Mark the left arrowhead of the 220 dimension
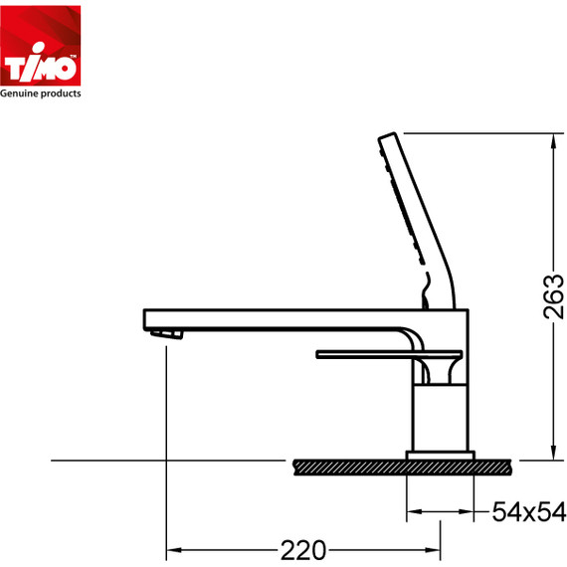point(172,548)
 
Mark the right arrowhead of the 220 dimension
point(436,548)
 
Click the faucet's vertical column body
point(440,418)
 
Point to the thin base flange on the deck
point(440,455)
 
